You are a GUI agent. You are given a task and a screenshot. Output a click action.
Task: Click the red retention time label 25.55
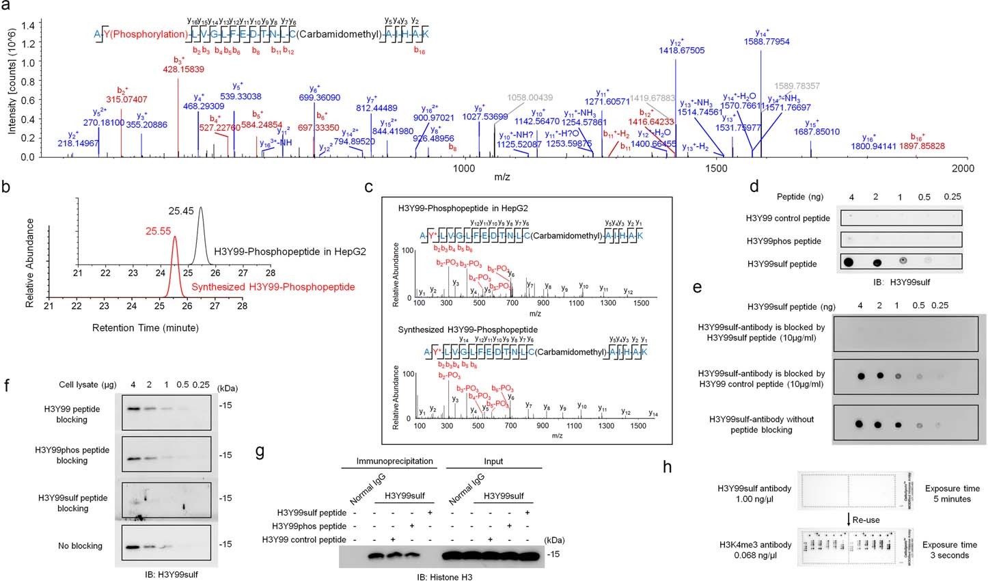click(x=158, y=232)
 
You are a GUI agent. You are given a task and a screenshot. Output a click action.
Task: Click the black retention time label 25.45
click(x=182, y=211)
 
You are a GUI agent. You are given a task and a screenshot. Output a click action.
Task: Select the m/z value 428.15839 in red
click(x=183, y=69)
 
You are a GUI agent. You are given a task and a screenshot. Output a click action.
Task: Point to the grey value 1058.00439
click(x=530, y=98)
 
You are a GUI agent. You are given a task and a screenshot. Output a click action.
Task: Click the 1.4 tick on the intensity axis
click(x=28, y=25)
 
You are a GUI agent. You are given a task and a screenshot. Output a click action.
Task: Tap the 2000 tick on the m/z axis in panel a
click(x=963, y=168)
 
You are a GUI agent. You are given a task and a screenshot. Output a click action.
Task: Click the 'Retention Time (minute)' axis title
click(x=146, y=327)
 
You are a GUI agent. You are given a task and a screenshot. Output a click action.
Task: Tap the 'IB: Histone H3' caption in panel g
click(x=445, y=576)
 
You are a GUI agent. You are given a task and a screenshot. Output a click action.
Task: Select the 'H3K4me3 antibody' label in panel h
click(x=755, y=545)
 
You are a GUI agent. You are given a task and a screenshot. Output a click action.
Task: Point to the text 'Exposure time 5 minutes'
click(x=952, y=494)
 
